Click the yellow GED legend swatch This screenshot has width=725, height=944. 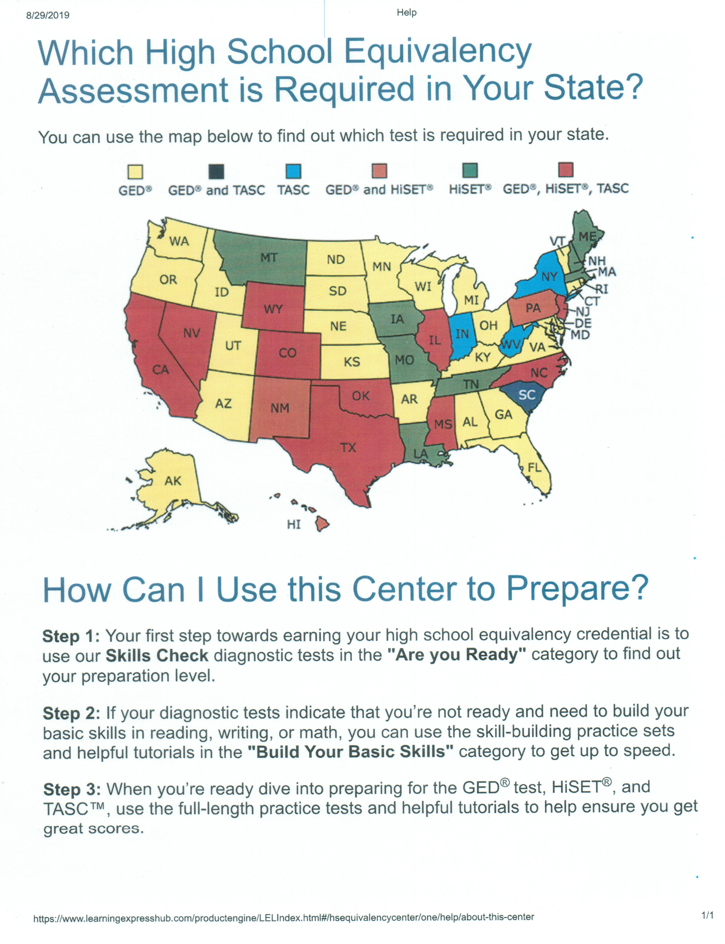coord(135,172)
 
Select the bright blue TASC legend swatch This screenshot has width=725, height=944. coord(293,171)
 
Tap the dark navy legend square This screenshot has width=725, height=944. coord(216,171)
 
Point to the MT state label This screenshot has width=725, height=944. coord(268,258)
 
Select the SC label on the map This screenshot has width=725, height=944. coord(526,395)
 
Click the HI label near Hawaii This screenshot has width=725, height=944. coord(294,524)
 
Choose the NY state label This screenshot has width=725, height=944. coord(549,277)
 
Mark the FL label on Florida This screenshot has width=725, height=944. coord(534,467)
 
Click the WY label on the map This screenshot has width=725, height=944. coord(273,309)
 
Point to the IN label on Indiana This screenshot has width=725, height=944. coord(462,334)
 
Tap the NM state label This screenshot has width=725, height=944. coord(280,408)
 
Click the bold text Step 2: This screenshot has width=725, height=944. coord(71,713)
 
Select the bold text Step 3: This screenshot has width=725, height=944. coord(72,789)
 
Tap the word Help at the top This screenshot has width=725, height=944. coord(407,13)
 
